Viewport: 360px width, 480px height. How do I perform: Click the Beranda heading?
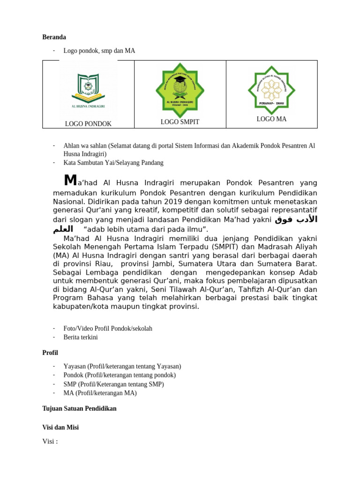point(54,37)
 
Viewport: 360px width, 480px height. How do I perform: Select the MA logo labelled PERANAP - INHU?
point(271,87)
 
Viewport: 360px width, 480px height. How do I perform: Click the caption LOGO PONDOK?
point(88,124)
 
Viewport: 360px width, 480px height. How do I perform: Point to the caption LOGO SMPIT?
point(180,122)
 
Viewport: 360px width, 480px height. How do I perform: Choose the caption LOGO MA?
point(271,119)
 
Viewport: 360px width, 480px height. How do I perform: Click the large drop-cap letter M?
point(70,180)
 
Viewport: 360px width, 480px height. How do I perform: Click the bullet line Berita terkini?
point(81,337)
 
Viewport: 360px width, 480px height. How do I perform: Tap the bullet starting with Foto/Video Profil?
point(108,328)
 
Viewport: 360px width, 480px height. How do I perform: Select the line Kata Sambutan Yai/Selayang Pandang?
point(113,163)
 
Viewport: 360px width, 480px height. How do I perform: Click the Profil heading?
point(50,352)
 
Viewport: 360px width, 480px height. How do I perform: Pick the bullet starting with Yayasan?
point(122,366)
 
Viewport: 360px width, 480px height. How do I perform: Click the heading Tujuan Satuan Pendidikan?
point(79,408)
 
